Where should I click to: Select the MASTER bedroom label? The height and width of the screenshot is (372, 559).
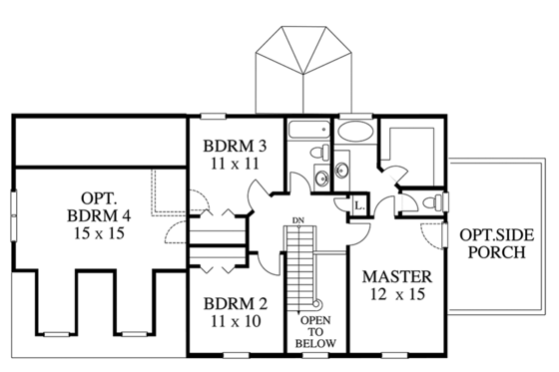[x=396, y=275]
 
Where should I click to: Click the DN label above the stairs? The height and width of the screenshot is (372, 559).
[x=298, y=218]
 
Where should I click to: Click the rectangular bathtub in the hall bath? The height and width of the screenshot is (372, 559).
[x=308, y=130]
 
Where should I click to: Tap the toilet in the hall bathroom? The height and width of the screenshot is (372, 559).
[x=320, y=152]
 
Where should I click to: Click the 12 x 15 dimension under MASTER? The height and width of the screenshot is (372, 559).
[x=396, y=295]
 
